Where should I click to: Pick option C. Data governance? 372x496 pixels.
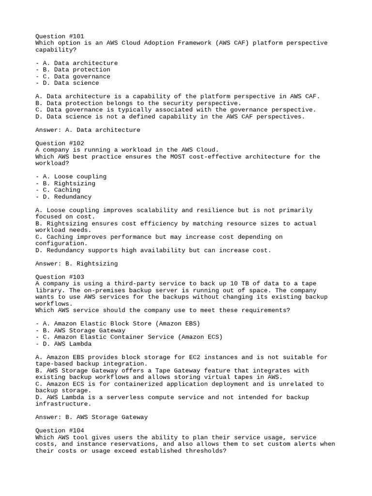tap(73, 77)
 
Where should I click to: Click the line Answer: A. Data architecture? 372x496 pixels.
tap(88, 130)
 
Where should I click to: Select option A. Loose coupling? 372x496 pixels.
tap(71, 177)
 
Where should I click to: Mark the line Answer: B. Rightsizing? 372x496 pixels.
tap(77, 263)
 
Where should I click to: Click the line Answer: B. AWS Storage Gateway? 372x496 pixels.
tap(92, 417)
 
